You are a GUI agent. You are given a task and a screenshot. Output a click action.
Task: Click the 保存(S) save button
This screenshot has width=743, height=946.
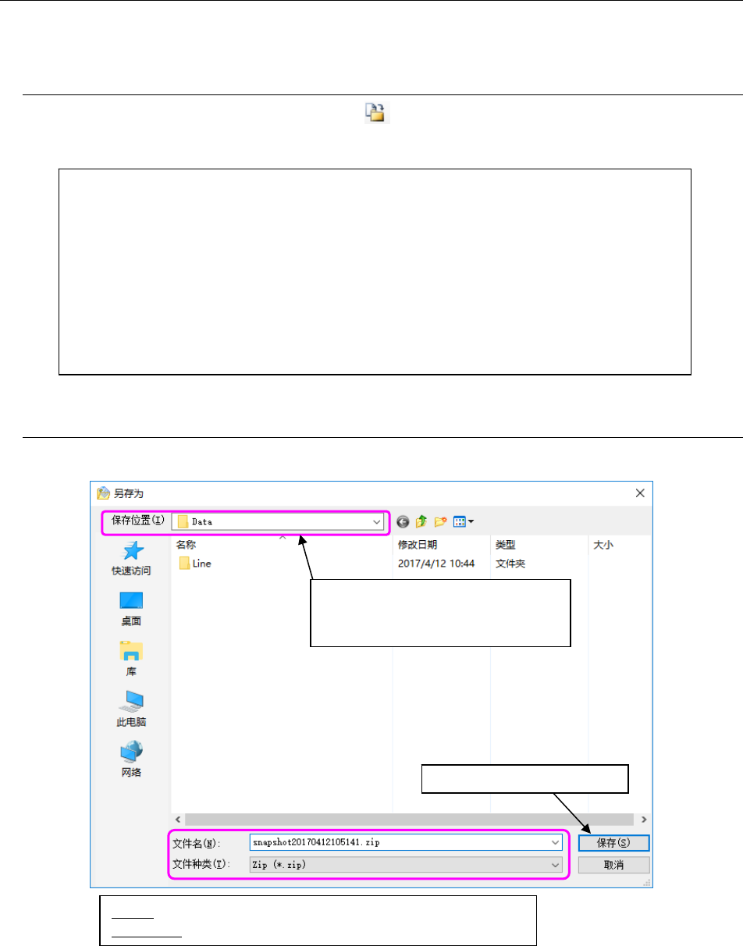[x=613, y=843]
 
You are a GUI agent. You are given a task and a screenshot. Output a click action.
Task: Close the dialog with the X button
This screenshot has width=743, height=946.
[x=640, y=493]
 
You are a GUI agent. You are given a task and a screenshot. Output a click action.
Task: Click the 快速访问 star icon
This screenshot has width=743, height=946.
[x=130, y=550]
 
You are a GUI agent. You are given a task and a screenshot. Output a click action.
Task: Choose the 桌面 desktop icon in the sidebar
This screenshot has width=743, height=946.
[x=130, y=600]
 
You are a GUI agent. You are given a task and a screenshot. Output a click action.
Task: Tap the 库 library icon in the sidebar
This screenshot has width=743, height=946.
[x=130, y=651]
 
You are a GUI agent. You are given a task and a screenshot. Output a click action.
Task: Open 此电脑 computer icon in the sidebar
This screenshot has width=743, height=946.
[x=130, y=701]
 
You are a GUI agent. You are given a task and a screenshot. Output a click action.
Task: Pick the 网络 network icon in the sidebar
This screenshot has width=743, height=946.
[x=130, y=751]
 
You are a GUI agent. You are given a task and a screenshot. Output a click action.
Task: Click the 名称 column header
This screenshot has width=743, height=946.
[x=186, y=545]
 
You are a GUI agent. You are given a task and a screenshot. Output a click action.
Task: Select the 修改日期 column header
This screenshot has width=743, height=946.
[x=417, y=545]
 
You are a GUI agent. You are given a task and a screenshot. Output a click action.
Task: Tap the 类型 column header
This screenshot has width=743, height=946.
[x=505, y=545]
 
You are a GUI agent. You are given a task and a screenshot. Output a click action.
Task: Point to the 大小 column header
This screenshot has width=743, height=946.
[x=603, y=545]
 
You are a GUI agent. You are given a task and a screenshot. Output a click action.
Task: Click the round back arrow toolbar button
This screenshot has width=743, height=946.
[x=403, y=521]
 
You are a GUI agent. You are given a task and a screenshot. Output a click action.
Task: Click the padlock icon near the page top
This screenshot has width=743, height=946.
[x=378, y=114]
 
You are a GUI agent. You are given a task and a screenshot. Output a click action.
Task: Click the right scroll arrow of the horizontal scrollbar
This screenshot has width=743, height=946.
[x=645, y=819]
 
